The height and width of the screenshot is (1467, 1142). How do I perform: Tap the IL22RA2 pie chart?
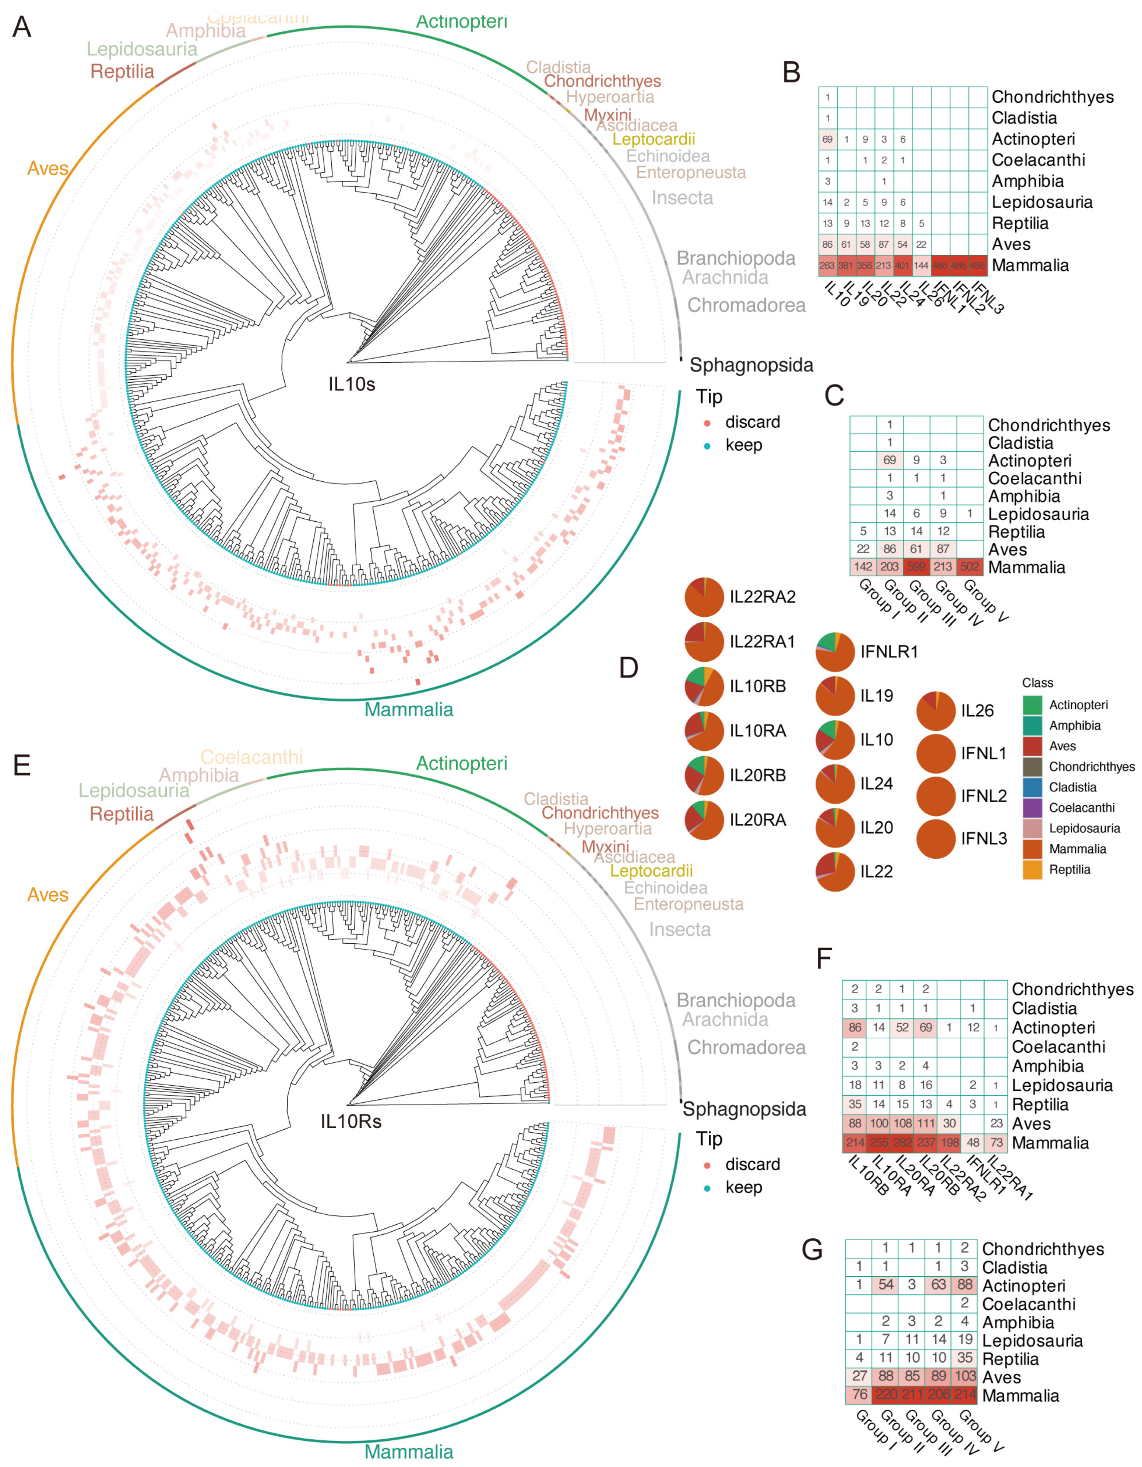(x=704, y=596)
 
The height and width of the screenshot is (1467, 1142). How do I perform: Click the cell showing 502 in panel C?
(x=969, y=566)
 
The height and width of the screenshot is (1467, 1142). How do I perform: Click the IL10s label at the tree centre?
(x=351, y=384)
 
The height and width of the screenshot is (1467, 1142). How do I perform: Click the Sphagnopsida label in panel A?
(x=751, y=366)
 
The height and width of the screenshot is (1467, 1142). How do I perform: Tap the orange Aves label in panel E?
(x=48, y=895)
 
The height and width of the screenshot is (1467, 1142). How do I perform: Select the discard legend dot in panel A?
(x=707, y=423)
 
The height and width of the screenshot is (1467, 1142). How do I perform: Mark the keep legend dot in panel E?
(x=707, y=1188)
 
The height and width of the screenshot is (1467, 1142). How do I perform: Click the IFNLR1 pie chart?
(x=835, y=652)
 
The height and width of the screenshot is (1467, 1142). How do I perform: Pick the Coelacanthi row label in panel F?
(x=1058, y=1046)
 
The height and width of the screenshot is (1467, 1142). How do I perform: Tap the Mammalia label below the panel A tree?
(x=408, y=709)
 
